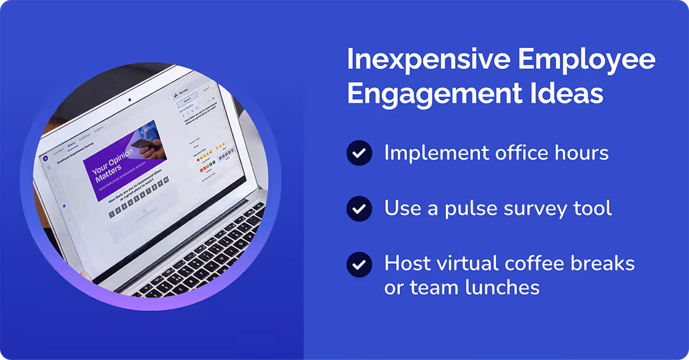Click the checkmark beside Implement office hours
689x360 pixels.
tap(359, 153)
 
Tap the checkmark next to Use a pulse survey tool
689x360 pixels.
tap(359, 209)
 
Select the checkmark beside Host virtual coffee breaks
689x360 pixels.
tap(359, 265)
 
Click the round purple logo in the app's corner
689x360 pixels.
tap(44, 158)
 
